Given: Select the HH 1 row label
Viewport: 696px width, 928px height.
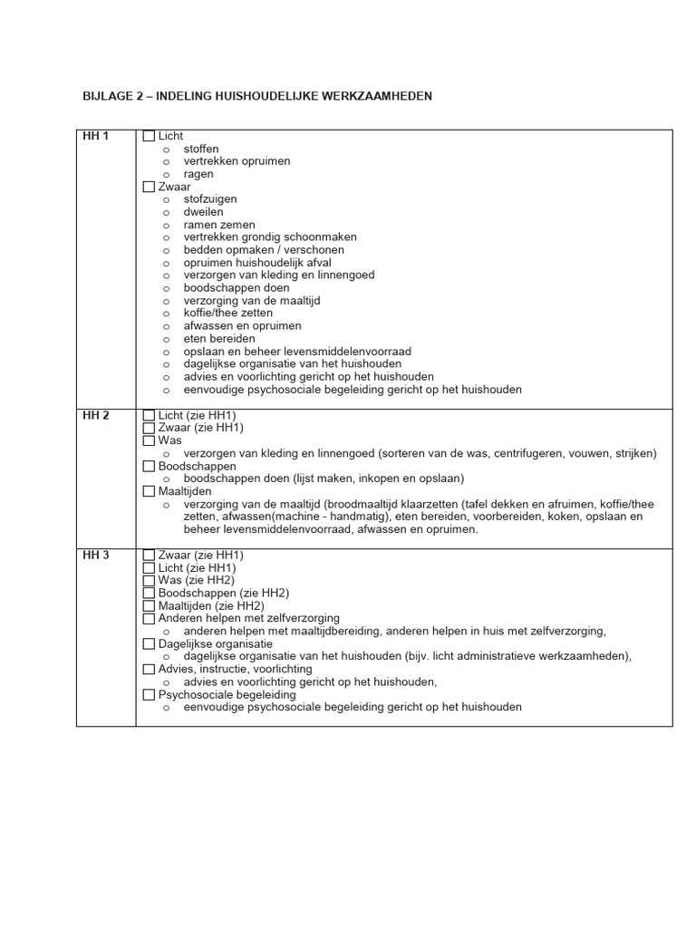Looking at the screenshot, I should point(95,137).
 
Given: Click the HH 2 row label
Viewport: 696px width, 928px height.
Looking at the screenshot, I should point(95,416).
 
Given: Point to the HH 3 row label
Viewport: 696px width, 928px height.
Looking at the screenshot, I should point(95,556).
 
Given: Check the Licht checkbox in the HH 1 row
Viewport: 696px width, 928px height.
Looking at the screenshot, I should point(150,137).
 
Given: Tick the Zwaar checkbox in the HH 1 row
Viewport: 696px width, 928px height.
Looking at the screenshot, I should point(150,187).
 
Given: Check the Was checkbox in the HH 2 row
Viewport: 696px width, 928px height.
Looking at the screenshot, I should point(150,440).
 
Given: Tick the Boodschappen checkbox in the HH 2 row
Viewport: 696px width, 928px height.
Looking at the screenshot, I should point(150,466).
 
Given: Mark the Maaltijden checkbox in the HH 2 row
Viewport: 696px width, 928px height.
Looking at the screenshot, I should point(150,491).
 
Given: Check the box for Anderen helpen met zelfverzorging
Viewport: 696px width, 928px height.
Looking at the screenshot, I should point(150,618).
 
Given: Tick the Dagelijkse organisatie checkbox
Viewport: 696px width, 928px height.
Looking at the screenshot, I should point(150,643).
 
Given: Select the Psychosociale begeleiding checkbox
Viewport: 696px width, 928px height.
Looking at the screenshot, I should point(150,695).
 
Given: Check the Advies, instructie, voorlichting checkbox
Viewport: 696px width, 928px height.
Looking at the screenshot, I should point(150,669).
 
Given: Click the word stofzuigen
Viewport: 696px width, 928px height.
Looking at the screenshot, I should point(210,199).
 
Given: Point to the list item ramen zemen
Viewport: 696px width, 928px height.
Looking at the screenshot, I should point(219,225).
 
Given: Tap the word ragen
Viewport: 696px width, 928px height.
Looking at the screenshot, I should point(198,174).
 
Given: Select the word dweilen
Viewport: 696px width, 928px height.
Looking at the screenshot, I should point(203,212).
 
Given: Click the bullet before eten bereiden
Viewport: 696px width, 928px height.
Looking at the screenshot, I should point(167,339).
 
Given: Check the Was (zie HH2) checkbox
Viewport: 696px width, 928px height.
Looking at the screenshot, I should point(150,580).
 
